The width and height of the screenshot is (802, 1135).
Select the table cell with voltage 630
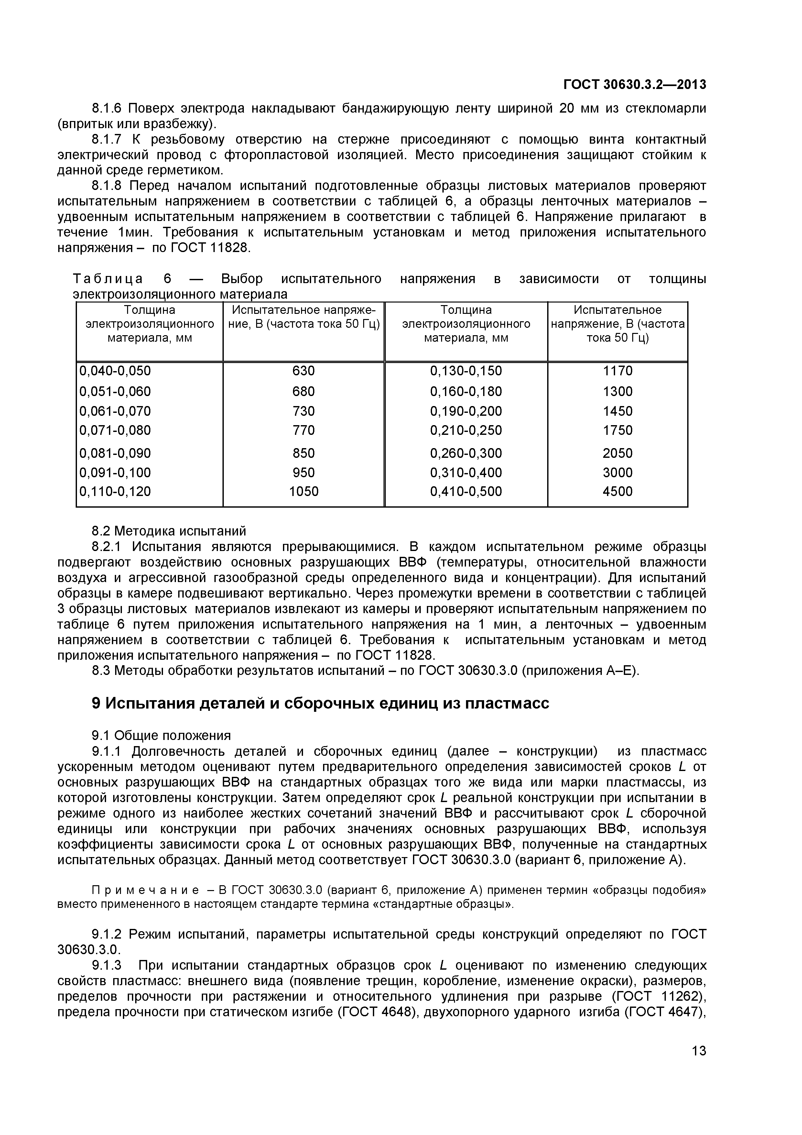(303, 371)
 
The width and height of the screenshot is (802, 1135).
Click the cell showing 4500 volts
(617, 491)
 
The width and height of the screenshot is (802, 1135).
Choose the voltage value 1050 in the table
(303, 491)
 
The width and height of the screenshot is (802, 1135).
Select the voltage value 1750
(617, 430)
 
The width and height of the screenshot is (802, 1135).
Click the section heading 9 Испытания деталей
(320, 703)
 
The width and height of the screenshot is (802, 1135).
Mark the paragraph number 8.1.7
(106, 139)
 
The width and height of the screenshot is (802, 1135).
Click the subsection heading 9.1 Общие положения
(161, 735)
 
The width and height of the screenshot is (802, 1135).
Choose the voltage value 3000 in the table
(617, 473)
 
